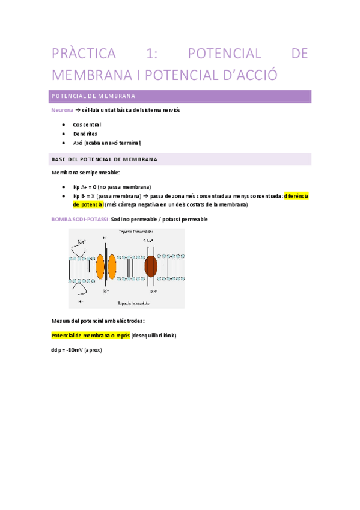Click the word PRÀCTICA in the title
click(84, 54)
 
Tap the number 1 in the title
click(150, 54)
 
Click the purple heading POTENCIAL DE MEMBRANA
click(93, 96)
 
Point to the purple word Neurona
click(63, 111)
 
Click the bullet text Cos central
click(87, 124)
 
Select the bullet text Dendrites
click(85, 134)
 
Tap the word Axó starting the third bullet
click(78, 143)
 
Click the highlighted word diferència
click(296, 196)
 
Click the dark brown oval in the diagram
click(150, 265)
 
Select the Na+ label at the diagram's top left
click(82, 241)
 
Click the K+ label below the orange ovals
click(106, 291)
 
